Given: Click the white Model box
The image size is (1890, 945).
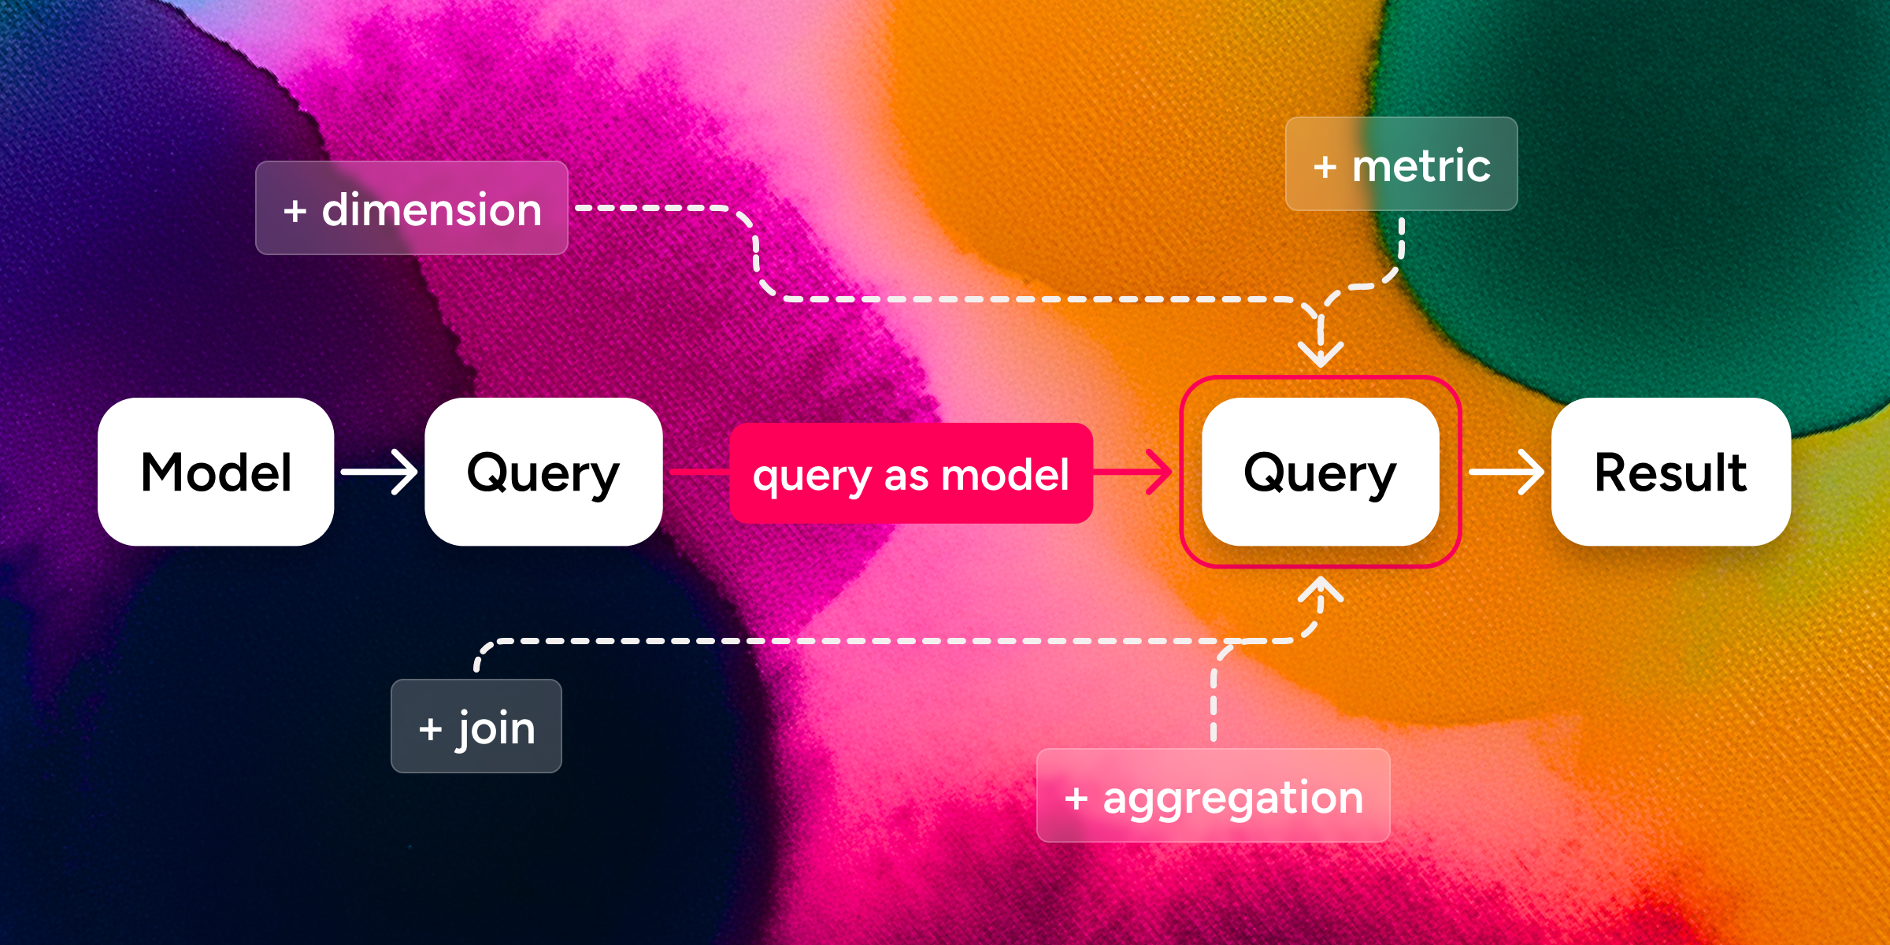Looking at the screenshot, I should click(216, 472).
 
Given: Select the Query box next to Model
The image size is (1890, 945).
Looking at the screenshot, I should click(543, 472).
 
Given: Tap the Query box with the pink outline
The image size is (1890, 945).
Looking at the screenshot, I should click(1320, 472).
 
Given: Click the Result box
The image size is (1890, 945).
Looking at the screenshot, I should click(1670, 472).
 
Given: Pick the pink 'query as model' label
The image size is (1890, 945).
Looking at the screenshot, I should click(910, 473).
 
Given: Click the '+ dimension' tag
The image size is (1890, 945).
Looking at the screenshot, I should click(411, 209).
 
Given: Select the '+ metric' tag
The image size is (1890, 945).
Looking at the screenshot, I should click(1401, 165).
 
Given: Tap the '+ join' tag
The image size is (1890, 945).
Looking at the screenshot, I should click(476, 726).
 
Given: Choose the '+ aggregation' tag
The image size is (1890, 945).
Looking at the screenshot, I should click(1213, 795).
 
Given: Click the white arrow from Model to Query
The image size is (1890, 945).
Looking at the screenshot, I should click(380, 472).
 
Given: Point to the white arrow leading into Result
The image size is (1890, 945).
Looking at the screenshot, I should click(1506, 472).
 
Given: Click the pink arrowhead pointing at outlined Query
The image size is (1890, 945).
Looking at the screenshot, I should click(1158, 472).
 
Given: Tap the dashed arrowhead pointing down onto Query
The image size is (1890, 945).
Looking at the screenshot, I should click(1321, 352).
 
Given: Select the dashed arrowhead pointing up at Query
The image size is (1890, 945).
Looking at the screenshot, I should click(1321, 591).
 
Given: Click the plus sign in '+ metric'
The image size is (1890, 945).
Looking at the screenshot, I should click(1325, 167).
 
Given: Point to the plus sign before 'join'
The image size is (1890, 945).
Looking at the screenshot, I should click(430, 729).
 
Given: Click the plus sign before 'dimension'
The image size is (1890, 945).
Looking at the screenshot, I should click(295, 211).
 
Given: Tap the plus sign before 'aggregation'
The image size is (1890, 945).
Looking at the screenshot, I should click(1076, 799).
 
